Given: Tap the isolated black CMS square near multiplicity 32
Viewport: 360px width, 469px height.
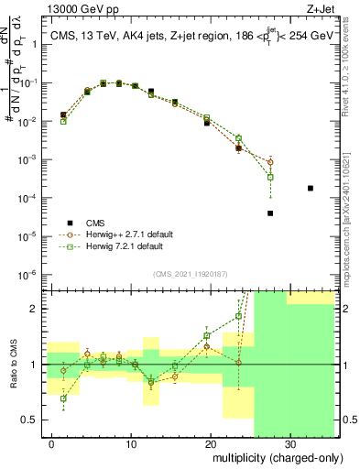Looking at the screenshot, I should coord(311,188).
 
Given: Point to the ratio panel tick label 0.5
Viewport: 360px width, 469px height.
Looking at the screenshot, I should coord(33,420).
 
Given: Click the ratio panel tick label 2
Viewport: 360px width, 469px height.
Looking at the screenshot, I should coord(38,309).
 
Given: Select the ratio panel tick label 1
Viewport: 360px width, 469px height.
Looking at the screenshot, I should coord(38,365).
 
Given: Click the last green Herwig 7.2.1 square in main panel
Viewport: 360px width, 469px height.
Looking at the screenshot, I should coord(270,177).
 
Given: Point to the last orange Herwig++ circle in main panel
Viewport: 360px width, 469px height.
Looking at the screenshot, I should coord(270,162).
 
